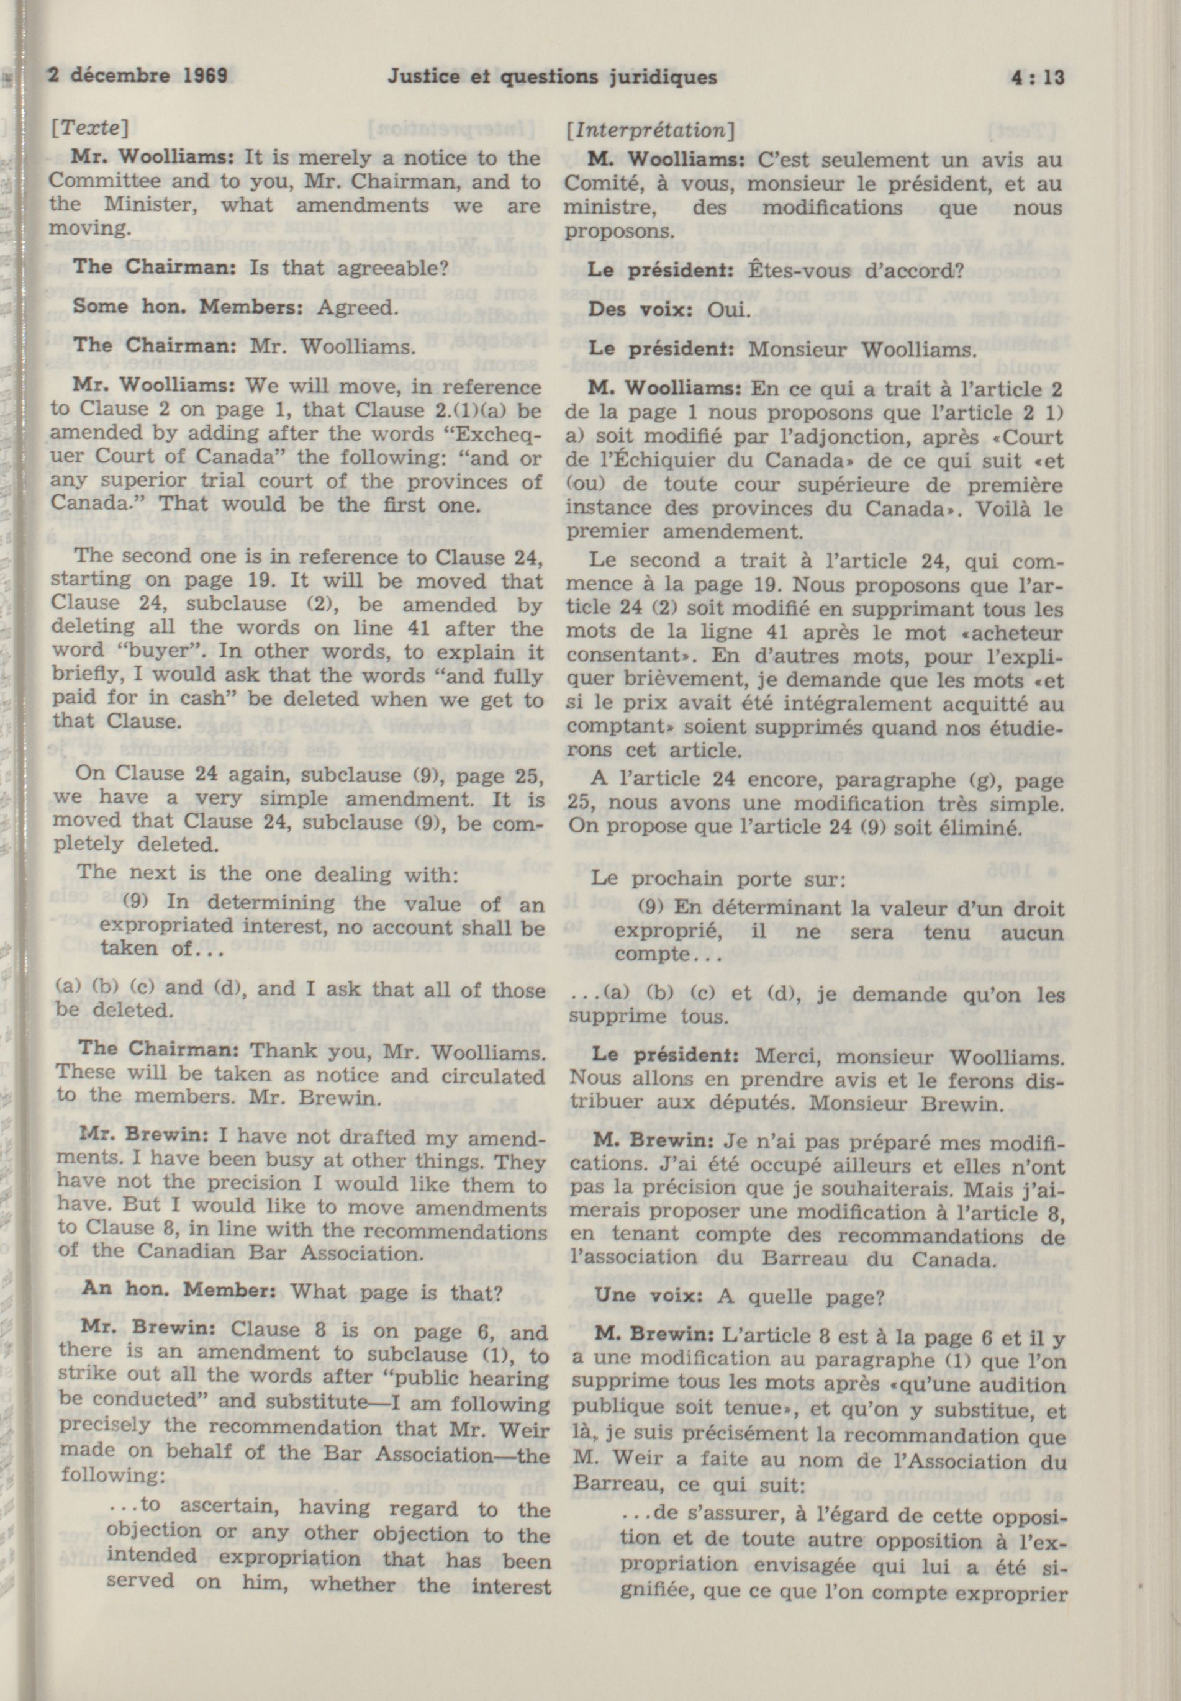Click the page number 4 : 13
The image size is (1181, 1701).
1034,76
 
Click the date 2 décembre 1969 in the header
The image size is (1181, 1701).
137,76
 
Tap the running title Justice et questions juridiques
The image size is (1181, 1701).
552,77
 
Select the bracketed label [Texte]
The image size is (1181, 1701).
89,129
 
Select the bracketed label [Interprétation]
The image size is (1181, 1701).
649,131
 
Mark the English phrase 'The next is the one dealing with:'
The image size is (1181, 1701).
267,875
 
